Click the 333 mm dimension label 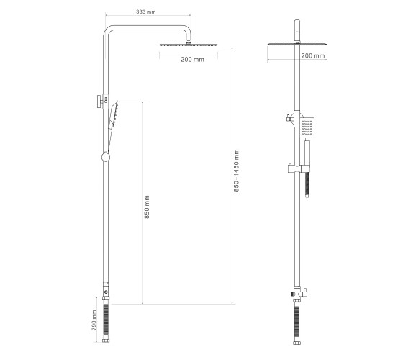point(145,12)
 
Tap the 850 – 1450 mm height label point(237,171)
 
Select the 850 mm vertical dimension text point(147,207)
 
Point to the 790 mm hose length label point(94,320)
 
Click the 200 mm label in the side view point(313,55)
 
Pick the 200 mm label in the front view point(192,59)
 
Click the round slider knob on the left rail point(106,157)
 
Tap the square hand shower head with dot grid point(307,127)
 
